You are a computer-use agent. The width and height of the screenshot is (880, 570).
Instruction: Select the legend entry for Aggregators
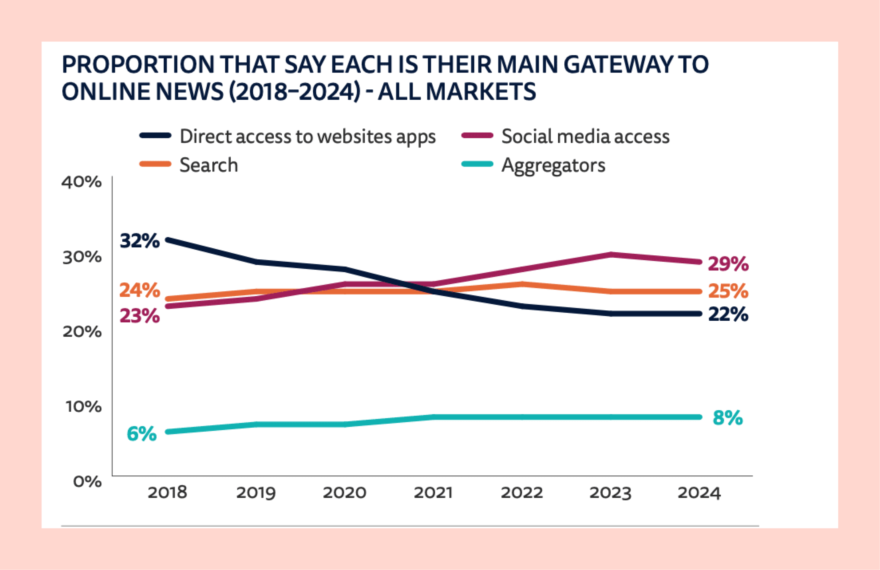click(x=553, y=165)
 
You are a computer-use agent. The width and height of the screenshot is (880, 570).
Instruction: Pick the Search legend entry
click(x=208, y=165)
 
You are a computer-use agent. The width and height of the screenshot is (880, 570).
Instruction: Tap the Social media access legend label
click(x=585, y=136)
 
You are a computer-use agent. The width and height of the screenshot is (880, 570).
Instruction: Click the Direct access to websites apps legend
click(x=307, y=136)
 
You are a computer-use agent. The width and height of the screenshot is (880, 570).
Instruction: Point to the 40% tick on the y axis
click(x=81, y=182)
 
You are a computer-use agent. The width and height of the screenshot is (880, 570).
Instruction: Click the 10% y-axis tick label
click(x=83, y=406)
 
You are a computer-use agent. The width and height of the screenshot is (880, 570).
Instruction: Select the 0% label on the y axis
click(x=87, y=481)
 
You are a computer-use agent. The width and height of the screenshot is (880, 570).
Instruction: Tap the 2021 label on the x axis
click(x=433, y=493)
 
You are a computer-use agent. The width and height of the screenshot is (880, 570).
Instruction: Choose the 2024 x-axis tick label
click(x=699, y=493)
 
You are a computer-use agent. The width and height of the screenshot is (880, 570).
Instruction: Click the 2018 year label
click(x=167, y=493)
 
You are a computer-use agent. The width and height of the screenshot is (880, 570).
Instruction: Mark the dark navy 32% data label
click(x=140, y=241)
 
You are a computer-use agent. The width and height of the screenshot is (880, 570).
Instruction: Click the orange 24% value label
click(x=140, y=290)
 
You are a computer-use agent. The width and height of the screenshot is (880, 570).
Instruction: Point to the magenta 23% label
click(x=140, y=316)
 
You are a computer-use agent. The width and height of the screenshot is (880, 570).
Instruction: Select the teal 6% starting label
click(x=142, y=434)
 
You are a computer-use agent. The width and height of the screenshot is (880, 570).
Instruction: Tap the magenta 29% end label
click(x=728, y=264)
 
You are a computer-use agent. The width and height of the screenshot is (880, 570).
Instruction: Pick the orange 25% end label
click(x=728, y=291)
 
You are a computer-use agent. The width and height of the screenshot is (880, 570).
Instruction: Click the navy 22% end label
click(x=728, y=314)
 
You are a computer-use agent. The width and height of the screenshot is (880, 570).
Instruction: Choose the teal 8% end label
click(x=728, y=418)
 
